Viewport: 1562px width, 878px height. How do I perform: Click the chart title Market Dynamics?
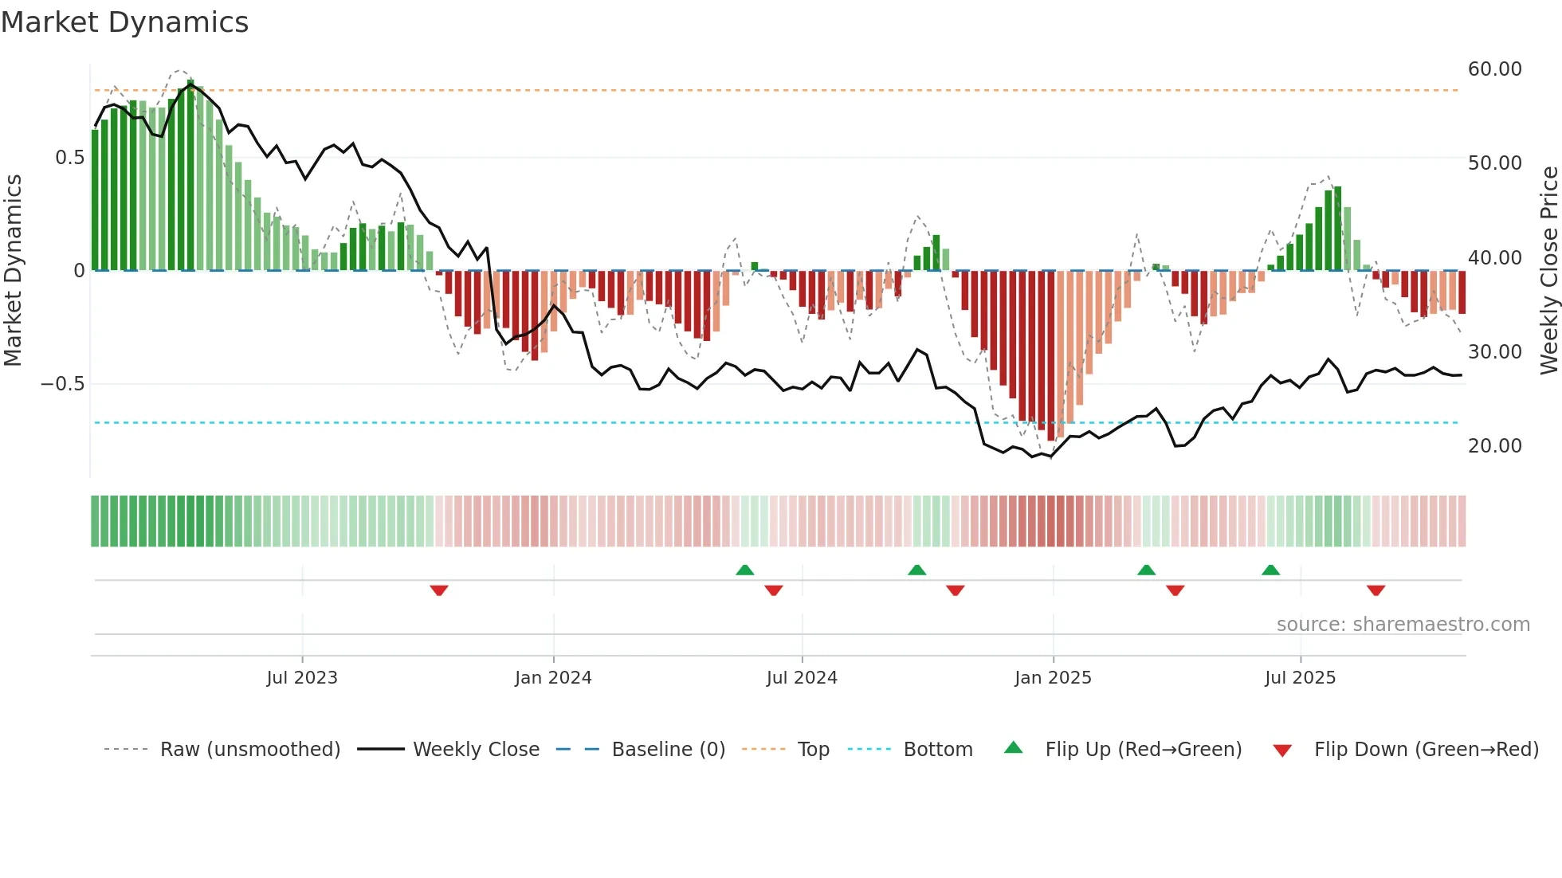(x=125, y=22)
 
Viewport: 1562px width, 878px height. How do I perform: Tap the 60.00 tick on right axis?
(x=1494, y=69)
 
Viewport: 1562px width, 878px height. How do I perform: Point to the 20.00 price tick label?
(x=1494, y=446)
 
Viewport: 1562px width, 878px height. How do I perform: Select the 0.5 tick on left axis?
(x=69, y=158)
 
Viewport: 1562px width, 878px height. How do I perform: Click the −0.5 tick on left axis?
(x=63, y=384)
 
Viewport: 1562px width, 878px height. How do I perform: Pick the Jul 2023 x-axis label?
(x=302, y=678)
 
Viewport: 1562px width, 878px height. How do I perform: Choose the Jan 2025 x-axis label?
(x=1053, y=678)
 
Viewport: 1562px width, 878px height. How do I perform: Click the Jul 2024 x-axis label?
(x=802, y=678)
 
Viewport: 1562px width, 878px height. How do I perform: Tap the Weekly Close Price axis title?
(x=1548, y=271)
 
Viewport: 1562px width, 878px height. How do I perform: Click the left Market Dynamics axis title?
(x=13, y=271)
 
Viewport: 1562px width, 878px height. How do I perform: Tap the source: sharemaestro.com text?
(x=1403, y=625)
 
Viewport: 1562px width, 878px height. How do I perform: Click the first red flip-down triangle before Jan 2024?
(x=439, y=590)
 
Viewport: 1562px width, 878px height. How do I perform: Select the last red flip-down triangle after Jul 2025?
(x=1376, y=590)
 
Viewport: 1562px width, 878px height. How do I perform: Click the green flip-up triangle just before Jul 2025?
(x=1270, y=570)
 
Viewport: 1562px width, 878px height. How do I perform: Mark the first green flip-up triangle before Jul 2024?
(x=744, y=570)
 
